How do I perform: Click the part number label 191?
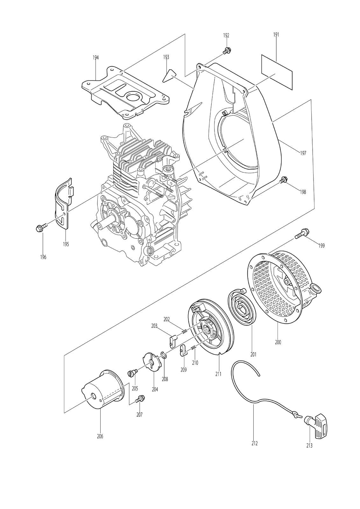click(x=276, y=35)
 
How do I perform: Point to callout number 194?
click(x=96, y=58)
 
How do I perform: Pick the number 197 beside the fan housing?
click(x=303, y=153)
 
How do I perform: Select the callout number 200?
click(x=278, y=342)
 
